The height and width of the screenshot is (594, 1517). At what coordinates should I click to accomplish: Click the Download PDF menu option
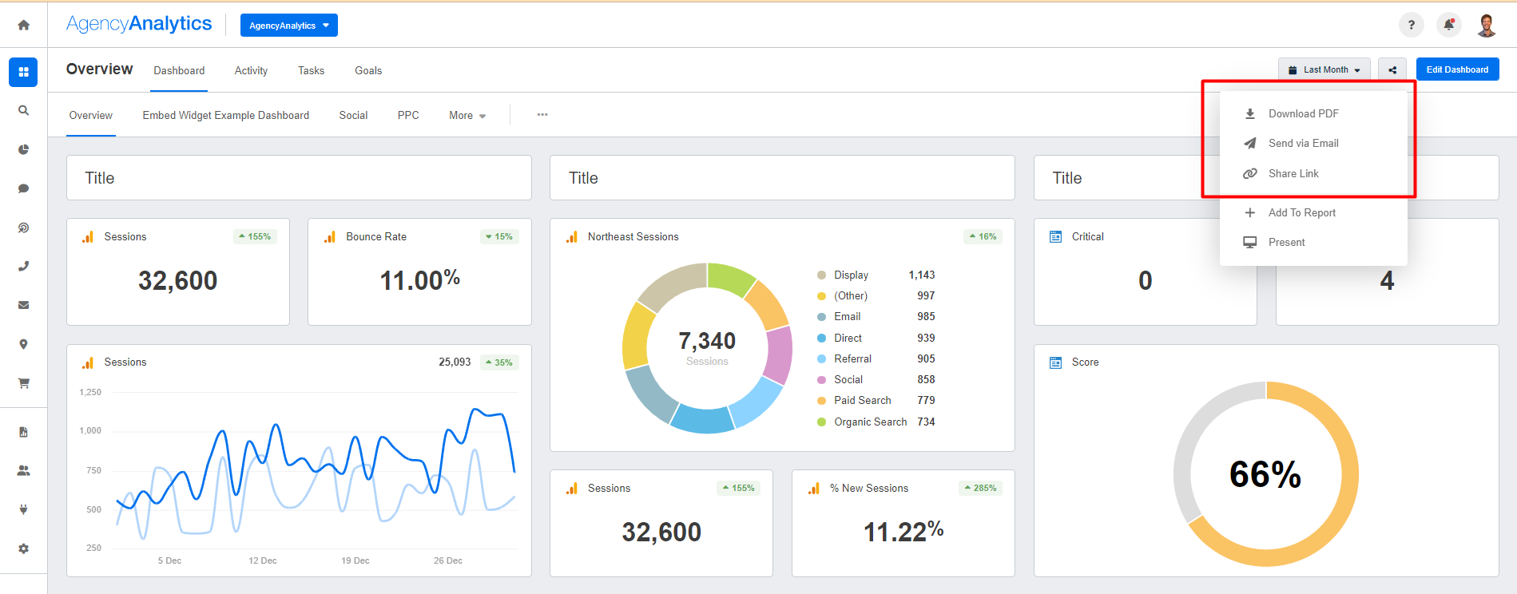click(1303, 113)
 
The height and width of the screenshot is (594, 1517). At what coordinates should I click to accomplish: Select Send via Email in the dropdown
click(1303, 143)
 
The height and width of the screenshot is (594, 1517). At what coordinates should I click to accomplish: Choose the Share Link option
click(1293, 173)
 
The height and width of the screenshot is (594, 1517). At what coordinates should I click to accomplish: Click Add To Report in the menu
click(1301, 212)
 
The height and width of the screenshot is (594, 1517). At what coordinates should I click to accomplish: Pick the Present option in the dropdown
click(1286, 242)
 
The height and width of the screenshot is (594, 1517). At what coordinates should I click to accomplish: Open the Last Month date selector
click(1324, 69)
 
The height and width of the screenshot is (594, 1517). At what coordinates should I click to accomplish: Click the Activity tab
click(251, 70)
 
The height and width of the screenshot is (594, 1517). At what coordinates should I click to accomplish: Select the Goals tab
click(368, 70)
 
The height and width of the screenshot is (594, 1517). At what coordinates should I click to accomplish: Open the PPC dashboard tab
click(408, 115)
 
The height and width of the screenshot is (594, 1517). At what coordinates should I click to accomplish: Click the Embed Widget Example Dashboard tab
click(225, 115)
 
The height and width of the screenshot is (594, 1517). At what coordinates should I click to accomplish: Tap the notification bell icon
click(1448, 25)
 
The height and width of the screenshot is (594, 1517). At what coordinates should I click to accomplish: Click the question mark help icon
click(1411, 25)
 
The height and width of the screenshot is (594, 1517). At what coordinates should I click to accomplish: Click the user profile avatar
click(1487, 25)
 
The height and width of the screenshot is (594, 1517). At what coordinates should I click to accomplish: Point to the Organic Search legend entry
click(870, 422)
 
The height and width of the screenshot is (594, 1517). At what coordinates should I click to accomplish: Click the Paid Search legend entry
click(862, 400)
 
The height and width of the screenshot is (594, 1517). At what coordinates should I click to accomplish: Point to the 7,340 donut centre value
click(707, 342)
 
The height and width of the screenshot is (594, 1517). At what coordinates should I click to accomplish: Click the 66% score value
click(1265, 474)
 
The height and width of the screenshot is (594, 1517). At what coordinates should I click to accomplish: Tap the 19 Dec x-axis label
click(355, 560)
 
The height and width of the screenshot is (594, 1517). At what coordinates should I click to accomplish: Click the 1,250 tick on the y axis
click(90, 392)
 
